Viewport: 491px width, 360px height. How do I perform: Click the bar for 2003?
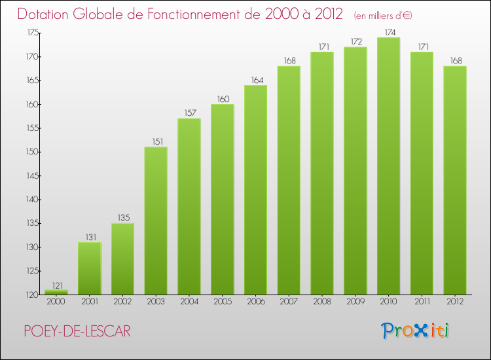tap(156, 221)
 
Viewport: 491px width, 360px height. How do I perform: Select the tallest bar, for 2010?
tap(389, 166)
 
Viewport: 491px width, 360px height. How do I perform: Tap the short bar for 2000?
tap(56, 292)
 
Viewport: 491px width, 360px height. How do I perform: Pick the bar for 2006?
tap(255, 190)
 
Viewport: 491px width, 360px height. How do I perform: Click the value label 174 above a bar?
tap(390, 32)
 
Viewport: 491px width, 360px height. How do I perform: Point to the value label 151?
tap(158, 141)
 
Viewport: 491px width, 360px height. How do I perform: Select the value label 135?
tap(124, 217)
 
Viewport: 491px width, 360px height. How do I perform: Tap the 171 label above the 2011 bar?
tap(424, 46)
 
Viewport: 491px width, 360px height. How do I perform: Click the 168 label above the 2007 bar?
tap(290, 60)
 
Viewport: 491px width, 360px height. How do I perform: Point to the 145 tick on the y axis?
tap(32, 175)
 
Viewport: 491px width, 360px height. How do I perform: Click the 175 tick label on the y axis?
tap(32, 33)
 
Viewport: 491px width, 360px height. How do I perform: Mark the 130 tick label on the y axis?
tap(32, 247)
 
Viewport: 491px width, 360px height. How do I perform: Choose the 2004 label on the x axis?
tap(189, 302)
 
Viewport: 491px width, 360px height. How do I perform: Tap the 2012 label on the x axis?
tap(455, 302)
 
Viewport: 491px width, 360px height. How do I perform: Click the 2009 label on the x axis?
tap(355, 302)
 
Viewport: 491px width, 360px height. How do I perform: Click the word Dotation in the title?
tap(43, 14)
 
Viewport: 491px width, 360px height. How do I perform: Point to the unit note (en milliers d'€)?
tap(383, 15)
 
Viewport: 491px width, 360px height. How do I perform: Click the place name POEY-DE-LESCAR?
tap(77, 331)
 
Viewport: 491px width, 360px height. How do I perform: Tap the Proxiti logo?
tap(415, 331)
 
